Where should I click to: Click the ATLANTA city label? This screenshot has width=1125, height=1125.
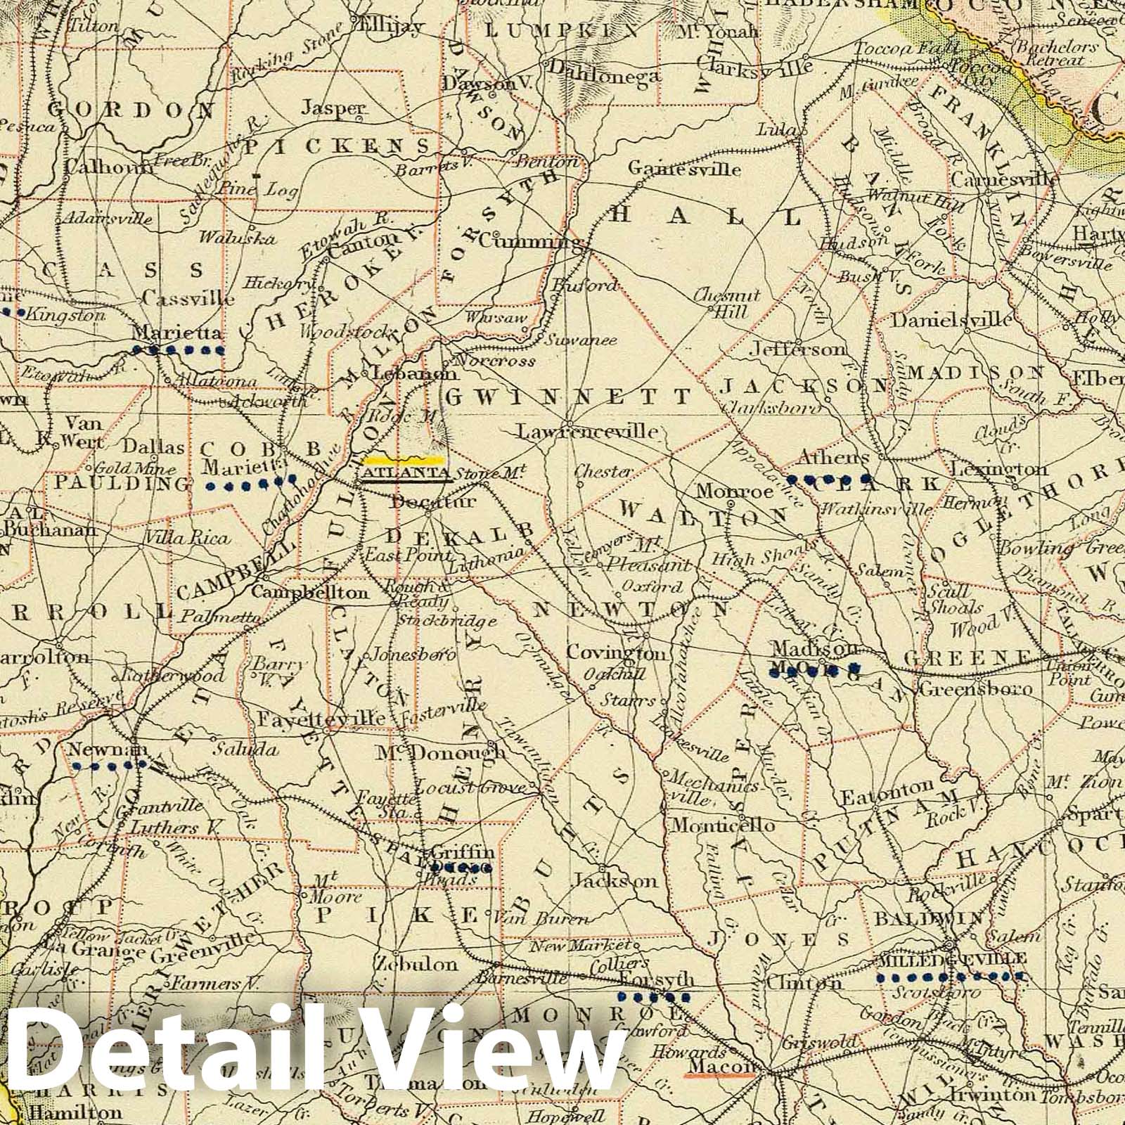point(406,473)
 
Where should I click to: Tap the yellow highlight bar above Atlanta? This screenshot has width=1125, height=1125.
point(405,461)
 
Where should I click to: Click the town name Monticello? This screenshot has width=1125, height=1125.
point(714,824)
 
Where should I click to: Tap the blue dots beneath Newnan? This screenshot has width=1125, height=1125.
point(108,764)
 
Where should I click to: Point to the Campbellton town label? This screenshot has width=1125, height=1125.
point(309,592)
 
